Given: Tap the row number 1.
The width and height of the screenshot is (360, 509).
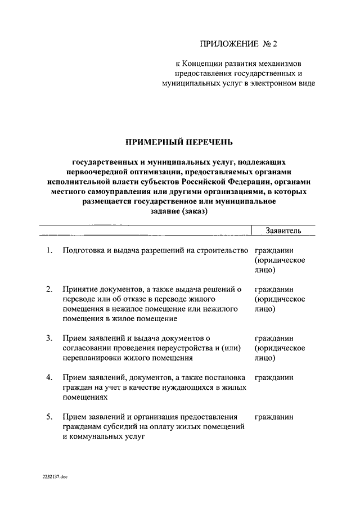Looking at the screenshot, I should tap(50, 250).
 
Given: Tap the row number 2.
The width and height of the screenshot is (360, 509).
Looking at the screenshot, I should tap(50, 289).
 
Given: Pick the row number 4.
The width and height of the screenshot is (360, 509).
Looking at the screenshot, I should tap(50, 377).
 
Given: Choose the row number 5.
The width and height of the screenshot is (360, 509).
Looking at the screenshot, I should tap(50, 417).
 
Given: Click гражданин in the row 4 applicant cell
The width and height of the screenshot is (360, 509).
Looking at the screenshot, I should tap(274, 377).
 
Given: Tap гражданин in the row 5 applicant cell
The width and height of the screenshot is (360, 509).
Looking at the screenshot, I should tap(274, 417).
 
